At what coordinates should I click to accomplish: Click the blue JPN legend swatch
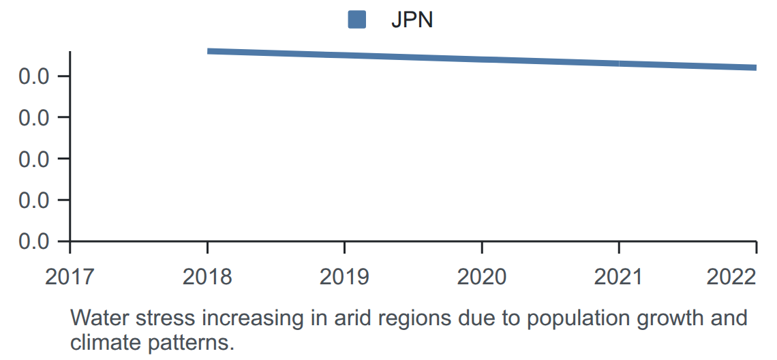point(356,20)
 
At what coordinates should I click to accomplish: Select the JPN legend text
point(412,20)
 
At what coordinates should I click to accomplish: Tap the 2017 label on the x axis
point(70,277)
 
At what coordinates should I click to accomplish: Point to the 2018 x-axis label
point(207,277)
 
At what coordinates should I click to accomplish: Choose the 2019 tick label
point(344,277)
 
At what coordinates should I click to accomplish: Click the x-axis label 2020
point(482,277)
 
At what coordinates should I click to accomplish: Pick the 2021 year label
point(618,277)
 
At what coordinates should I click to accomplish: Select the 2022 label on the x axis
point(731,277)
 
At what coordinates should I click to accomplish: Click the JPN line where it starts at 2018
point(208,51)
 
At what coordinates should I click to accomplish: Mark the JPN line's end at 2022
point(756,67)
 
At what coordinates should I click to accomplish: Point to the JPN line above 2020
point(482,59)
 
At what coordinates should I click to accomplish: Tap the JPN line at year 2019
point(345,55)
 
